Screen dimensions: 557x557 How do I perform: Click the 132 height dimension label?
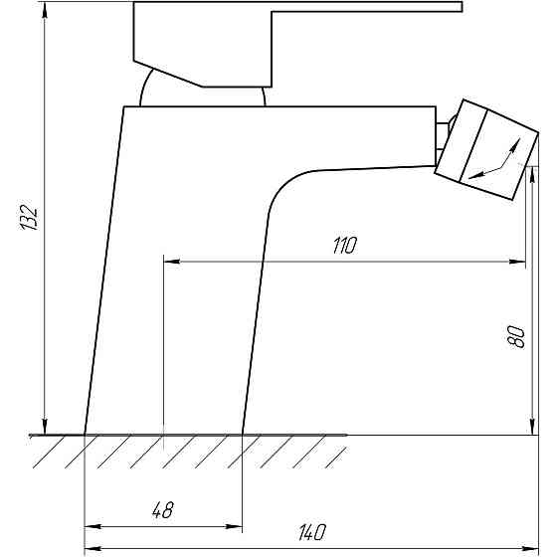point(29,218)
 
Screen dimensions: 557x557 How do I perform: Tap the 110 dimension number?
point(344,245)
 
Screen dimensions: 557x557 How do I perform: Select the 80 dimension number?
point(516,337)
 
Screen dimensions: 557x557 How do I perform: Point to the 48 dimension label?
point(163,510)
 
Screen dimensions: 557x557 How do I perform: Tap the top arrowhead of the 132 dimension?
point(45,11)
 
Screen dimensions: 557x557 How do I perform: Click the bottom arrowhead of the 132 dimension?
point(45,427)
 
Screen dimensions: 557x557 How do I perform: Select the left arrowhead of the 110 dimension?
point(171,262)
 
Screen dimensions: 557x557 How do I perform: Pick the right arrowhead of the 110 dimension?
point(517,262)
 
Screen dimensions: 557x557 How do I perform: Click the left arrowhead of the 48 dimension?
point(93,526)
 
